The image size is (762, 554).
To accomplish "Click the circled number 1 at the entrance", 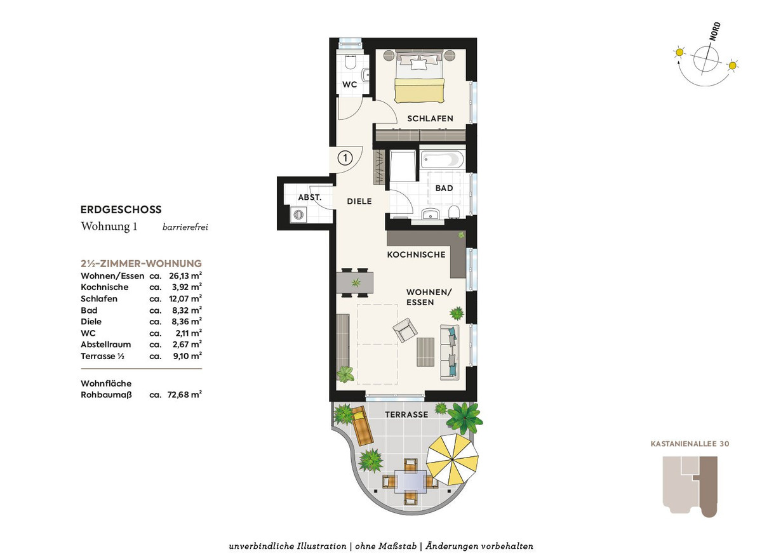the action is pyautogui.click(x=345, y=158).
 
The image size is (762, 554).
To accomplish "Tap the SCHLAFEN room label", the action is pyautogui.click(x=430, y=119).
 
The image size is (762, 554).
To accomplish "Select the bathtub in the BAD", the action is pyautogui.click(x=441, y=159).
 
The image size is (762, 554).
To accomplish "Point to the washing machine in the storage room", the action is pyautogui.click(x=298, y=214).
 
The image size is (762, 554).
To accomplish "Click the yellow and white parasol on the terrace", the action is pyautogui.click(x=452, y=459).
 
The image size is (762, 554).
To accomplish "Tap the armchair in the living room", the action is pyautogui.click(x=405, y=330).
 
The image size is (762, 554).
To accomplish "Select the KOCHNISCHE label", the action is pyautogui.click(x=416, y=254).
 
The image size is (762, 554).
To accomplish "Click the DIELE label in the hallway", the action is pyautogui.click(x=359, y=201).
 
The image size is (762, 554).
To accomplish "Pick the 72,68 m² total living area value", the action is pyautogui.click(x=185, y=395).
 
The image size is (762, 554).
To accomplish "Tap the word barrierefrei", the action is pyautogui.click(x=185, y=227).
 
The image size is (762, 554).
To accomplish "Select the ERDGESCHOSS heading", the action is pyautogui.click(x=121, y=209).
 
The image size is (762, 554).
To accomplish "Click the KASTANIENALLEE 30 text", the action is pyautogui.click(x=690, y=444).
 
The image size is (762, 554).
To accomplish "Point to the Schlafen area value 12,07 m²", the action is pyautogui.click(x=185, y=298).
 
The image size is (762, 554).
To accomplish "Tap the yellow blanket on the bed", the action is pyautogui.click(x=420, y=90).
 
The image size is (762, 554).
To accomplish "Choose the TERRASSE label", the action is pyautogui.click(x=406, y=414).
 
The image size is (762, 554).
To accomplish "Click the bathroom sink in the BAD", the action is pyautogui.click(x=431, y=214).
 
